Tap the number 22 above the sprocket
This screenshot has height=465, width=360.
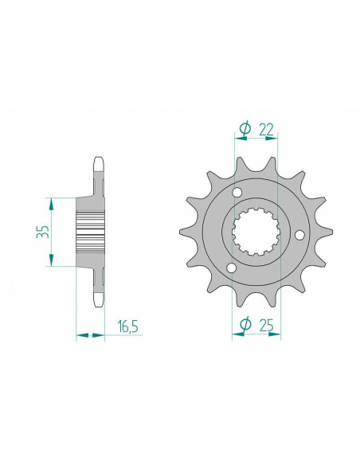pos(268,127)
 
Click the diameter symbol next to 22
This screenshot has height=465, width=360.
pos(245,127)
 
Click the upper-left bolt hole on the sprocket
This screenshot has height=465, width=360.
pos(236,193)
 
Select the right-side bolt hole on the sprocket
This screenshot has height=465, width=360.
pos(298,234)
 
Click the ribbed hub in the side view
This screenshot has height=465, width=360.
pos(90,232)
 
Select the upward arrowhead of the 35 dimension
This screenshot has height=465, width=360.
pos(53,201)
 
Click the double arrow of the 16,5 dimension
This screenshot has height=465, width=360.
pos(90,336)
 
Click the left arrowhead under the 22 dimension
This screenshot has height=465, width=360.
pos(237,139)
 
